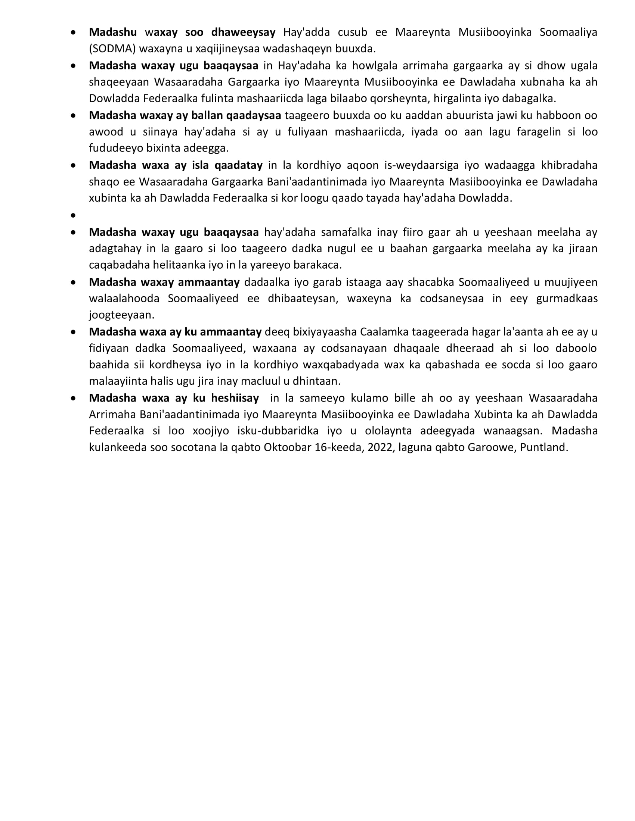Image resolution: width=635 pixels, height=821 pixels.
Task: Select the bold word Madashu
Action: (x=113, y=32)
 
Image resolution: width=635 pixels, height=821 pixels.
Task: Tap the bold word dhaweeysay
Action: (x=244, y=32)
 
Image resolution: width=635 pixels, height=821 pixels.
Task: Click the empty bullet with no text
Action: (x=73, y=215)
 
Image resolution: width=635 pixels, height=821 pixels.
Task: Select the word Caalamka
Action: (x=384, y=332)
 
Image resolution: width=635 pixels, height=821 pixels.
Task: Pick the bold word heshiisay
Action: (x=235, y=398)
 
